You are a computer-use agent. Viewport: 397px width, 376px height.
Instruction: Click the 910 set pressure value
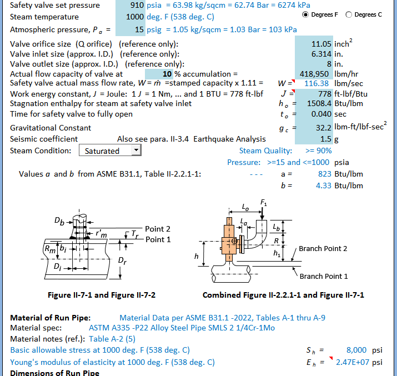click(136, 5)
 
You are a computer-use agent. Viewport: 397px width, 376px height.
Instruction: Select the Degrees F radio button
click(306, 14)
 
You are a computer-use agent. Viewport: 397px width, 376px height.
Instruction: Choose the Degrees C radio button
click(349, 14)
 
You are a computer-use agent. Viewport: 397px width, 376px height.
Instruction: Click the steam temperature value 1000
click(135, 17)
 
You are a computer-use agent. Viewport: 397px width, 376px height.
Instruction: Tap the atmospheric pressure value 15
click(139, 29)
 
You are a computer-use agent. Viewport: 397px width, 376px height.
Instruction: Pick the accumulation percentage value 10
click(167, 73)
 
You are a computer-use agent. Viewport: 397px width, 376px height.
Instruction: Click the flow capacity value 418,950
click(316, 73)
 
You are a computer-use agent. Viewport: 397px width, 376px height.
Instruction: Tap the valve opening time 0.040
click(321, 114)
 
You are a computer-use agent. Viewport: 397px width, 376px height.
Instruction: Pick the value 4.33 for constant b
click(323, 185)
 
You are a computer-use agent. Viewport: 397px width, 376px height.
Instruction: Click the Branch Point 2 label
click(323, 248)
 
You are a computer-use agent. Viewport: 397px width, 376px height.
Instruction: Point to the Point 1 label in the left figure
click(158, 239)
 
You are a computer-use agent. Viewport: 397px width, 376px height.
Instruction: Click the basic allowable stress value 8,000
click(356, 350)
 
